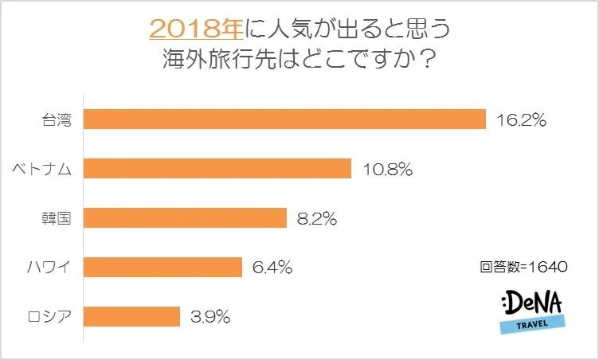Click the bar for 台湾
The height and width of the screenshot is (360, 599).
284,119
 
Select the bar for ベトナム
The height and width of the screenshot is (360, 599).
217,169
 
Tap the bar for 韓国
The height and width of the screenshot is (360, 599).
185,217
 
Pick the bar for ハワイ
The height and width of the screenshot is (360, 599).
162,267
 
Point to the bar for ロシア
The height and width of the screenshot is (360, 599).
131,316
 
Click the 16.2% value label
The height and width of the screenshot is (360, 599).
521,120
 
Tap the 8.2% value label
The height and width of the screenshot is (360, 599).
317,218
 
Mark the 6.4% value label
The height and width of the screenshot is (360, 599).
272,268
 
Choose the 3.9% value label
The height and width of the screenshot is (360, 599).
210,317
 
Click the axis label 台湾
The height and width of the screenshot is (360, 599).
57,120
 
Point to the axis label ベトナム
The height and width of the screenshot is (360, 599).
45,169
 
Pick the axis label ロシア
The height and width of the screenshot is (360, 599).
51,317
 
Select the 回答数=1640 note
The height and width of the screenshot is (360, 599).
523,268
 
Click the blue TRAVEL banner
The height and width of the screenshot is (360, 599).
534,323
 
